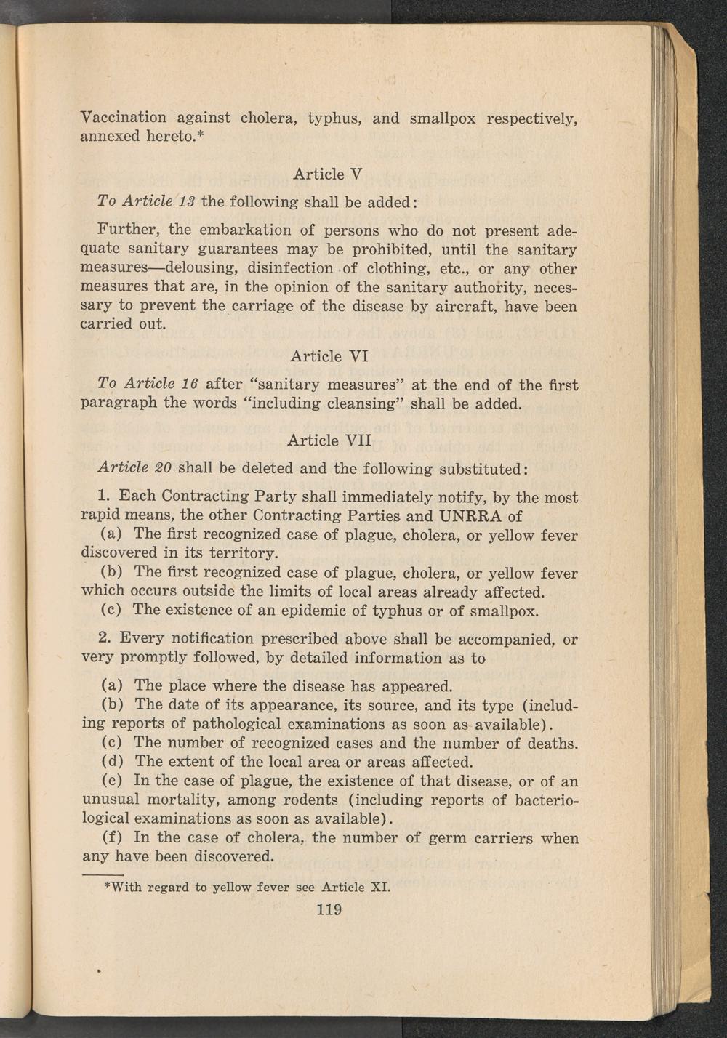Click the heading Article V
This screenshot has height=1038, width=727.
pyautogui.click(x=327, y=174)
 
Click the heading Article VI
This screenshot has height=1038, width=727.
pyautogui.click(x=329, y=356)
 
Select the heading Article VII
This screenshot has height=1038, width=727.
pyautogui.click(x=329, y=440)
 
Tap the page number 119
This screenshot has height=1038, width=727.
pyautogui.click(x=329, y=909)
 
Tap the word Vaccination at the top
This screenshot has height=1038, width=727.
pyautogui.click(x=124, y=118)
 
